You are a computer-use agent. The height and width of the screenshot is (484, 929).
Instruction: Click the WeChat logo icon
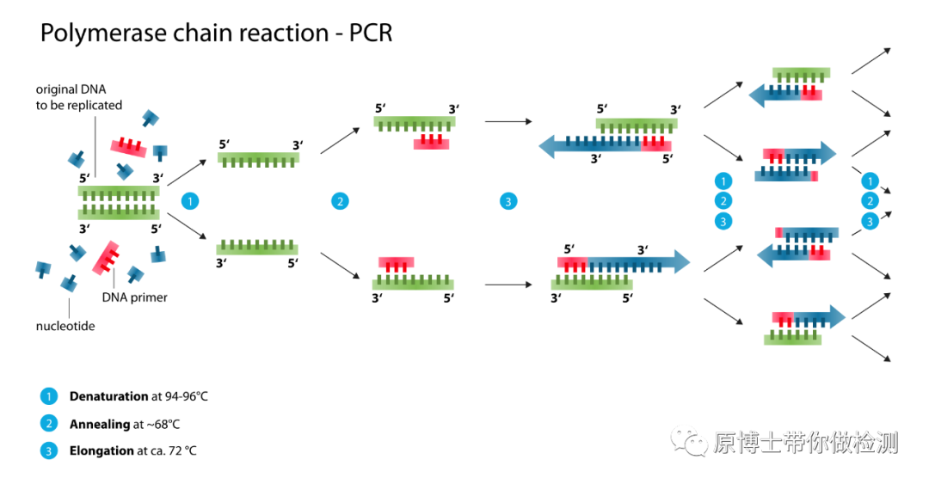[688, 439]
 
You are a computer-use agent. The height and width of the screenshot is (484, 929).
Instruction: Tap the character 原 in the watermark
[724, 443]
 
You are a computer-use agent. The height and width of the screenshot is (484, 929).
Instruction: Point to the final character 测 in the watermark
[886, 443]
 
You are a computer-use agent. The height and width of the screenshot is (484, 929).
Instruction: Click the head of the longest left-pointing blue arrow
[547, 146]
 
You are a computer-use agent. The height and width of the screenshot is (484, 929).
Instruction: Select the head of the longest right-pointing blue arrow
[682, 261]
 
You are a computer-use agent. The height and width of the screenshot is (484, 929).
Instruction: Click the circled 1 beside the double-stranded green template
[190, 201]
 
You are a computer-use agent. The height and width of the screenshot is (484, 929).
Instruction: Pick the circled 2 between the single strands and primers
[340, 201]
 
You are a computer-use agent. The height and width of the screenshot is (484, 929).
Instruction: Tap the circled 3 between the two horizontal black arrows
[508, 201]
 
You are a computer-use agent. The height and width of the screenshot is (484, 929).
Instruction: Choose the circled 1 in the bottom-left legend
[49, 396]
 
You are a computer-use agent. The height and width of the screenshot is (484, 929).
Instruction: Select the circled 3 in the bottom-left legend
[49, 450]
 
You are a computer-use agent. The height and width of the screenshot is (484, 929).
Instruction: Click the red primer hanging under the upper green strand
[431, 143]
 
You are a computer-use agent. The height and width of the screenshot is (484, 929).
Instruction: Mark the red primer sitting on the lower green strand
[396, 263]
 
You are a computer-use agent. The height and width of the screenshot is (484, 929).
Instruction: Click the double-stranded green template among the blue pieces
[119, 203]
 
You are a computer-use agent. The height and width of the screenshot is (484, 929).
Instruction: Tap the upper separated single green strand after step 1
[258, 159]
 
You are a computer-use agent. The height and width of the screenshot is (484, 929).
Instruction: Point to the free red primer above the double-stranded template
[129, 147]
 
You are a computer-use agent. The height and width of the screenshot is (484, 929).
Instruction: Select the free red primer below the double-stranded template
[106, 258]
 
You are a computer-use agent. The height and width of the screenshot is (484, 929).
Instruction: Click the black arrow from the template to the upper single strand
[187, 172]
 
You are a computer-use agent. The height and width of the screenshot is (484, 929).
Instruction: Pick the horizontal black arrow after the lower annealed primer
[508, 285]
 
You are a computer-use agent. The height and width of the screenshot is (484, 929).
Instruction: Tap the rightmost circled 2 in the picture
[871, 201]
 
